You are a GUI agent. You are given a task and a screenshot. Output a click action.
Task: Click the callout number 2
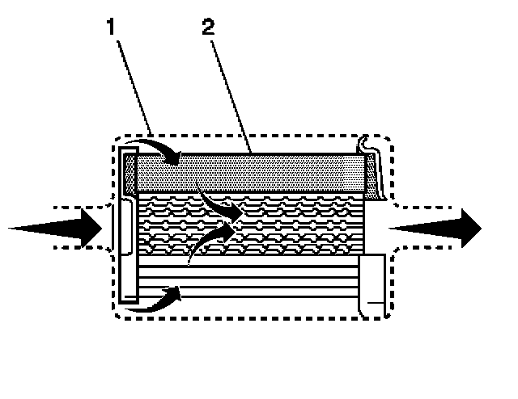coord(210,28)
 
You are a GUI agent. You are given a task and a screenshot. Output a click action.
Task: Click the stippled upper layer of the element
coord(259,171)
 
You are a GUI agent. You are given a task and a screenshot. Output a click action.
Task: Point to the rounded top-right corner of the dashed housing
coord(387,141)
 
